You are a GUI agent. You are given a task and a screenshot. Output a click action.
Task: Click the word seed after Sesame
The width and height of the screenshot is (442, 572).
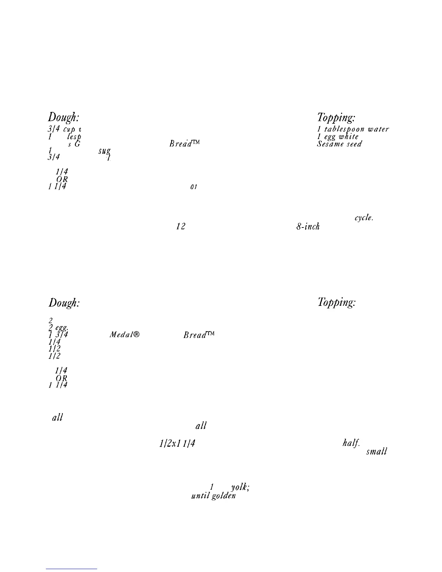point(353,144)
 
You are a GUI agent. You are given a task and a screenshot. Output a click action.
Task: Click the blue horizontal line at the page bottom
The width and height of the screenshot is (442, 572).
point(71,569)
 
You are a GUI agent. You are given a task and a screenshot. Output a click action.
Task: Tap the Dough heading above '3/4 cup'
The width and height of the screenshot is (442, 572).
point(64,117)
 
